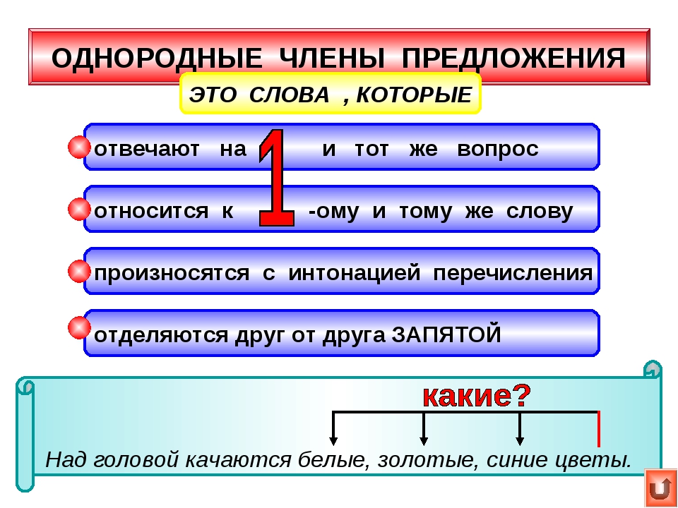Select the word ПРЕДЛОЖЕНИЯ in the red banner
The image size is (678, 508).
coord(513,59)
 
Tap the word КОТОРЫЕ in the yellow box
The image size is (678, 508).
coord(413,95)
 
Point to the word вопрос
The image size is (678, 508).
coord(497,150)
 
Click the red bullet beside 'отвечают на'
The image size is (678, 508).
coord(79,148)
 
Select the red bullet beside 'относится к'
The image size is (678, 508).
coord(79,210)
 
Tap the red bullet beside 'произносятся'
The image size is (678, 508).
coord(79,270)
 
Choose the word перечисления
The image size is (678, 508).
coord(512,273)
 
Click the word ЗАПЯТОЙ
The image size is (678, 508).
coord(446,334)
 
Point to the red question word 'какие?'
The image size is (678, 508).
coord(476,397)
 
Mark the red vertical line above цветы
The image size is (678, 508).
coord(599,428)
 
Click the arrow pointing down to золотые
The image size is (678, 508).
coord(424,430)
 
